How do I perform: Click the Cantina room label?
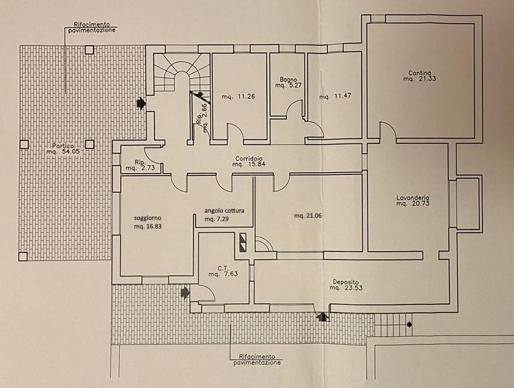(x=420, y=73)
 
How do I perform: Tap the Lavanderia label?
(x=413, y=198)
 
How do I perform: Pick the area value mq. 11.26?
(x=239, y=96)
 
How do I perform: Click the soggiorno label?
(x=148, y=217)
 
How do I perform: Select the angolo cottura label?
(x=224, y=210)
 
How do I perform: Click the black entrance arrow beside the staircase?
(x=141, y=103)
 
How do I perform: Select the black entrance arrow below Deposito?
(x=322, y=317)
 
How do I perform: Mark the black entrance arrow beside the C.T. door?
(x=185, y=292)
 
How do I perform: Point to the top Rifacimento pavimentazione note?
(x=94, y=28)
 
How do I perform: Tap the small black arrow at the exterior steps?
(x=409, y=324)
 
